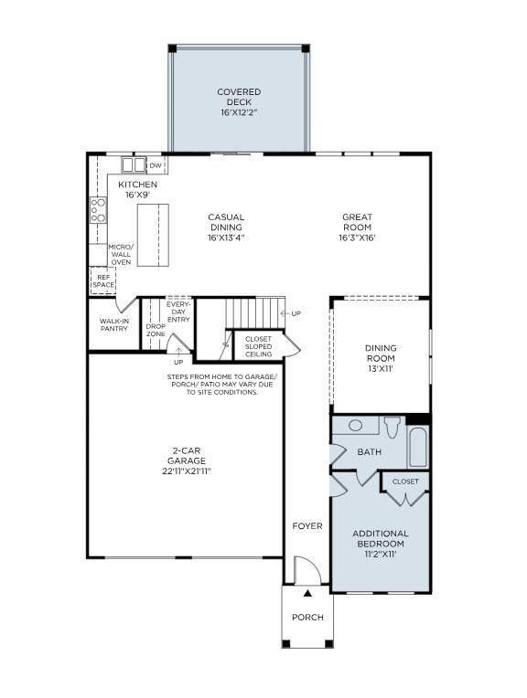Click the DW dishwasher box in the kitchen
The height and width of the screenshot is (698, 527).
(x=156, y=165)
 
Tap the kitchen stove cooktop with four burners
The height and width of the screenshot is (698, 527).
(x=97, y=211)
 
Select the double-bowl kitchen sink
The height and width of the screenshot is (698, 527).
(x=134, y=165)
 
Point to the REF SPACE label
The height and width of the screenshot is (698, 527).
(x=103, y=280)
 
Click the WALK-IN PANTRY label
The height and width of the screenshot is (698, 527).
(x=114, y=324)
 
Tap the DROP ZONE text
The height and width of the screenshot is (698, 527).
(x=156, y=330)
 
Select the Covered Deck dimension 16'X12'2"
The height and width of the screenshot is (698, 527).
(x=239, y=113)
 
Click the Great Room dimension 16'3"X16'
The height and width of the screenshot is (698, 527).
(x=357, y=238)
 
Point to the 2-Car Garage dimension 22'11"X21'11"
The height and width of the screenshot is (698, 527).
(x=184, y=471)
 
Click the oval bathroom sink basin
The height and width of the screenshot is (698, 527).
(x=356, y=425)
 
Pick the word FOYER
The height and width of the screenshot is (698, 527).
(x=307, y=526)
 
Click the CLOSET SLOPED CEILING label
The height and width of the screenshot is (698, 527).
(x=258, y=346)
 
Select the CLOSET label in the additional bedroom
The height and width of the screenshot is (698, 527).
(x=405, y=481)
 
